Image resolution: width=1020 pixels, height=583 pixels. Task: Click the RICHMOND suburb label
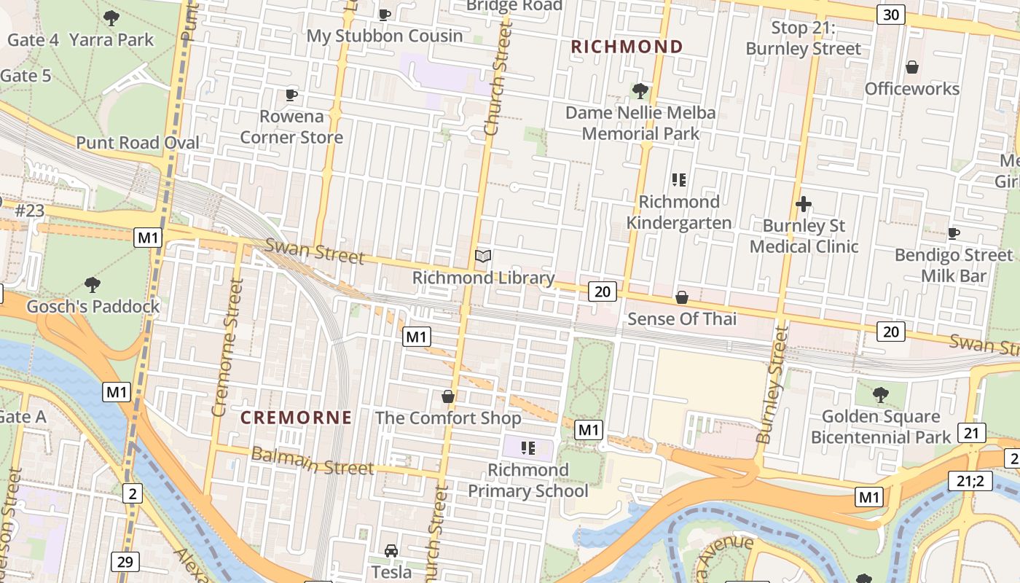[627, 47]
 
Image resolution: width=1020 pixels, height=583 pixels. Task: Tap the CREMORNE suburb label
[297, 418]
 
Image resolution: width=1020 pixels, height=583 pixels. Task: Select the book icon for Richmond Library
[483, 256]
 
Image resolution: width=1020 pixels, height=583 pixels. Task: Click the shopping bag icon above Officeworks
[911, 67]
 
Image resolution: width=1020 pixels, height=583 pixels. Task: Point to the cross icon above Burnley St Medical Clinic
[804, 204]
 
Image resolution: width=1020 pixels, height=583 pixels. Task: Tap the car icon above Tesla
[391, 550]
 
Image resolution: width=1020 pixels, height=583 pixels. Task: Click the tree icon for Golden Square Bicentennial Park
[880, 394]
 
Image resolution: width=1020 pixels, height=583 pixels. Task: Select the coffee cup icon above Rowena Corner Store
[291, 95]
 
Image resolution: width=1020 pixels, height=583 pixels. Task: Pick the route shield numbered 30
[890, 15]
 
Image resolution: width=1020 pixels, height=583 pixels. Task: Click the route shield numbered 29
[125, 561]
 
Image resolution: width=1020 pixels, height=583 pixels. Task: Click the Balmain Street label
[312, 461]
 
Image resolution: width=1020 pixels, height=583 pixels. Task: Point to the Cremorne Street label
[227, 347]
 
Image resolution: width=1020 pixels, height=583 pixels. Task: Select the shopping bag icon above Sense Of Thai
[682, 297]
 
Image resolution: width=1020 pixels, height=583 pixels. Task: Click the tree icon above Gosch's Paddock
[93, 283]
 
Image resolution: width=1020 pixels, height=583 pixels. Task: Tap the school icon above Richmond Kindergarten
[679, 179]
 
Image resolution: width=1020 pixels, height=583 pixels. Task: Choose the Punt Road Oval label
[138, 143]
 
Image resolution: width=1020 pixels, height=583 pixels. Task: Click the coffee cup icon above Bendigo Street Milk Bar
[953, 233]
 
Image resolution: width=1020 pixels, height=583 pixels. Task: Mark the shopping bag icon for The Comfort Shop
[448, 396]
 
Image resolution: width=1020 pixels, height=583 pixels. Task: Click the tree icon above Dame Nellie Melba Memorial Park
[640, 90]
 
